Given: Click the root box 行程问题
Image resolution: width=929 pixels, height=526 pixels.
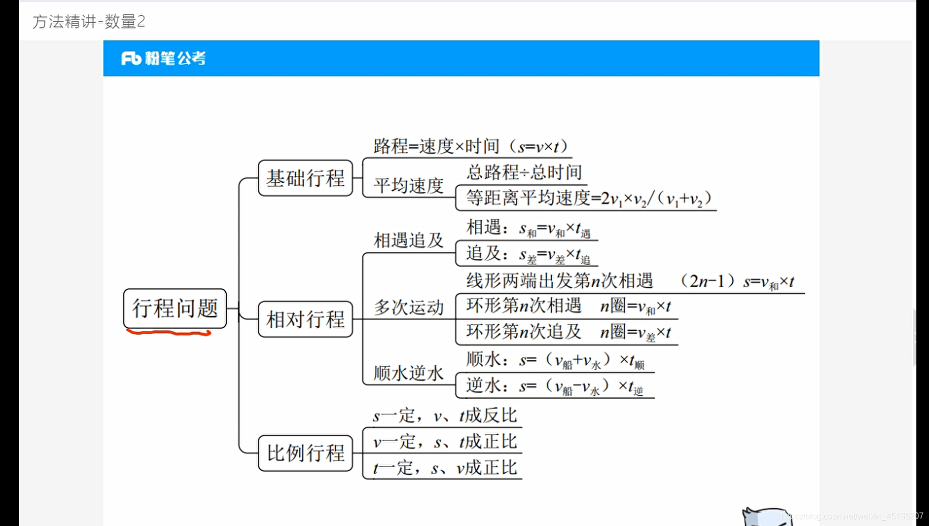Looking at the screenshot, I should (175, 308).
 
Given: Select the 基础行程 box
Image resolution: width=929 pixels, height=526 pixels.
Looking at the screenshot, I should (305, 178).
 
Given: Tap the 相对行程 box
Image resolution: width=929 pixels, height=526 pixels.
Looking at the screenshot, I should (305, 319).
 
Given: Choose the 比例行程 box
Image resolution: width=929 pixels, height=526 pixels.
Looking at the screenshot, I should (305, 453).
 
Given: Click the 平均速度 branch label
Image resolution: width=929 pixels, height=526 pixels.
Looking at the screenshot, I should (408, 186).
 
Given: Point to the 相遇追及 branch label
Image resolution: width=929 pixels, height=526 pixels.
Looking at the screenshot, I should (408, 240).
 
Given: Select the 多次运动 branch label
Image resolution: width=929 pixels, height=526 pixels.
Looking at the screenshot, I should (408, 307).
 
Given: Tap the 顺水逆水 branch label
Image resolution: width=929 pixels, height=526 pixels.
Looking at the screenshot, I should (408, 373).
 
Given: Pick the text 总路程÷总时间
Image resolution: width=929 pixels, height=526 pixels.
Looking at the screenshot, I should (524, 172).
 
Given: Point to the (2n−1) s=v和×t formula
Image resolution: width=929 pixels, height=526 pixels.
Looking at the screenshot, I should (737, 281).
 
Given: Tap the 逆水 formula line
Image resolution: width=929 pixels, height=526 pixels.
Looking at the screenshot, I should (554, 386).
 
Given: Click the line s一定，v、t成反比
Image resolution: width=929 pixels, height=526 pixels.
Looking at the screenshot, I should (445, 415).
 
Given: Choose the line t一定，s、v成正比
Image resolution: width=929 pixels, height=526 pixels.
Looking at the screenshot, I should (445, 467).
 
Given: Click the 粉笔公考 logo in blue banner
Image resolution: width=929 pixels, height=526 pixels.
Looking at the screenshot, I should (163, 58).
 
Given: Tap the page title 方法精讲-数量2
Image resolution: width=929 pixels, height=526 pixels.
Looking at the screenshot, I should (88, 22).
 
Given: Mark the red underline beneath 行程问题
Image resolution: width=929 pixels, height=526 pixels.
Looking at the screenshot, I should (168, 333).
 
